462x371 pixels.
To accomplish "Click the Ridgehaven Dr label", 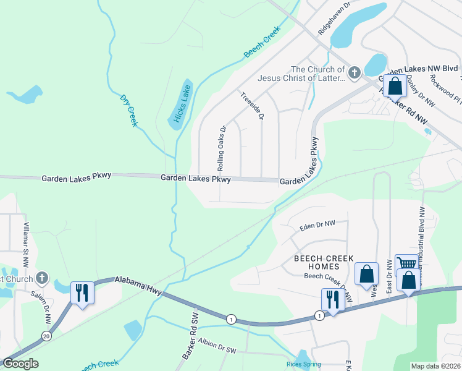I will coord(335,17).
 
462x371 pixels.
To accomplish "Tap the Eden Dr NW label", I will coord(317,227).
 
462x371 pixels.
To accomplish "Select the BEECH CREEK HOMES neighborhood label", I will coord(324,262).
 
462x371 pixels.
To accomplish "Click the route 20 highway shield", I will coord(46,336).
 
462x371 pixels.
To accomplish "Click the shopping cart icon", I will coord(407,264).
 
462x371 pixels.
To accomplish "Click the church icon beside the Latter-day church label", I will coord(354,74).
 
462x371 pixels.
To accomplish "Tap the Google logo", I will coord(20,364).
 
